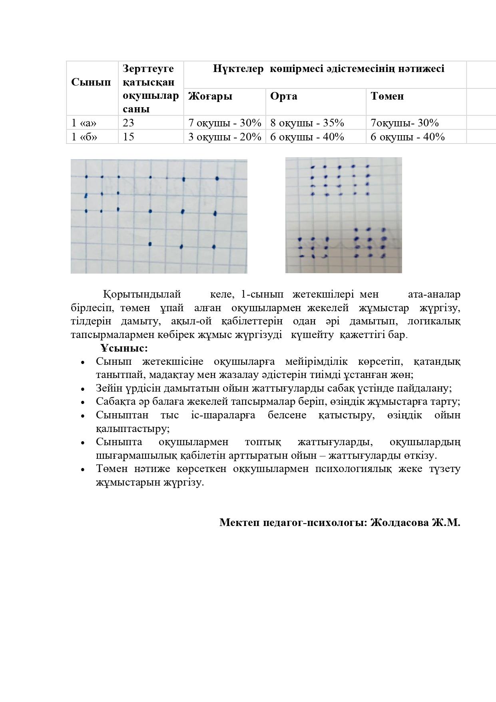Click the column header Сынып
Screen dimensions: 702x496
point(91,82)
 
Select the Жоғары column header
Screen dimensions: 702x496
point(210,96)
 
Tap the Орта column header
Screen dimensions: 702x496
point(283,96)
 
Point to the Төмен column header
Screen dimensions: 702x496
point(387,96)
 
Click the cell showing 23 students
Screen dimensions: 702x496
point(129,123)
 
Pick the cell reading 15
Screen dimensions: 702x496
point(129,137)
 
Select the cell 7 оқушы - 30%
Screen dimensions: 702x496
point(225,123)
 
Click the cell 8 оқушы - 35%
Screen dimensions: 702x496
point(307,123)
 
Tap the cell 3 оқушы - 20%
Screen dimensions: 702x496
point(225,137)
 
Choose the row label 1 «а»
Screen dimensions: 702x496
point(84,123)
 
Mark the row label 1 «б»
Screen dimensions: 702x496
point(84,137)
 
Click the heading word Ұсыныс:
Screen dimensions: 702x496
point(124,348)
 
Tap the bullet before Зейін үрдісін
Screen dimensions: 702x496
point(83,389)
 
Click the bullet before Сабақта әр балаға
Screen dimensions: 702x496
point(83,402)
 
